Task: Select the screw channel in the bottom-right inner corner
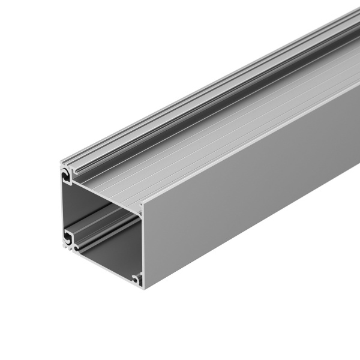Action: [x=137, y=277]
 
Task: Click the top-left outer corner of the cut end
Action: [x=61, y=161]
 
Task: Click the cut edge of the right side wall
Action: [x=142, y=240]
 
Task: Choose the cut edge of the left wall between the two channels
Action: [x=63, y=204]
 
